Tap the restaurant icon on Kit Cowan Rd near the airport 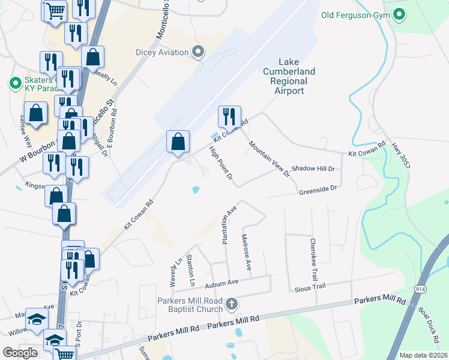coord(229,116)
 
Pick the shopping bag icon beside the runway coord(178,142)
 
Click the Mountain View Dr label coord(270,159)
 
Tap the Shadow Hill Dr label coord(313,169)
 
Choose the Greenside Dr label coord(318,188)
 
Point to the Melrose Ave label coord(246,251)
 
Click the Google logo coord(20,352)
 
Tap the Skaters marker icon coord(14,84)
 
